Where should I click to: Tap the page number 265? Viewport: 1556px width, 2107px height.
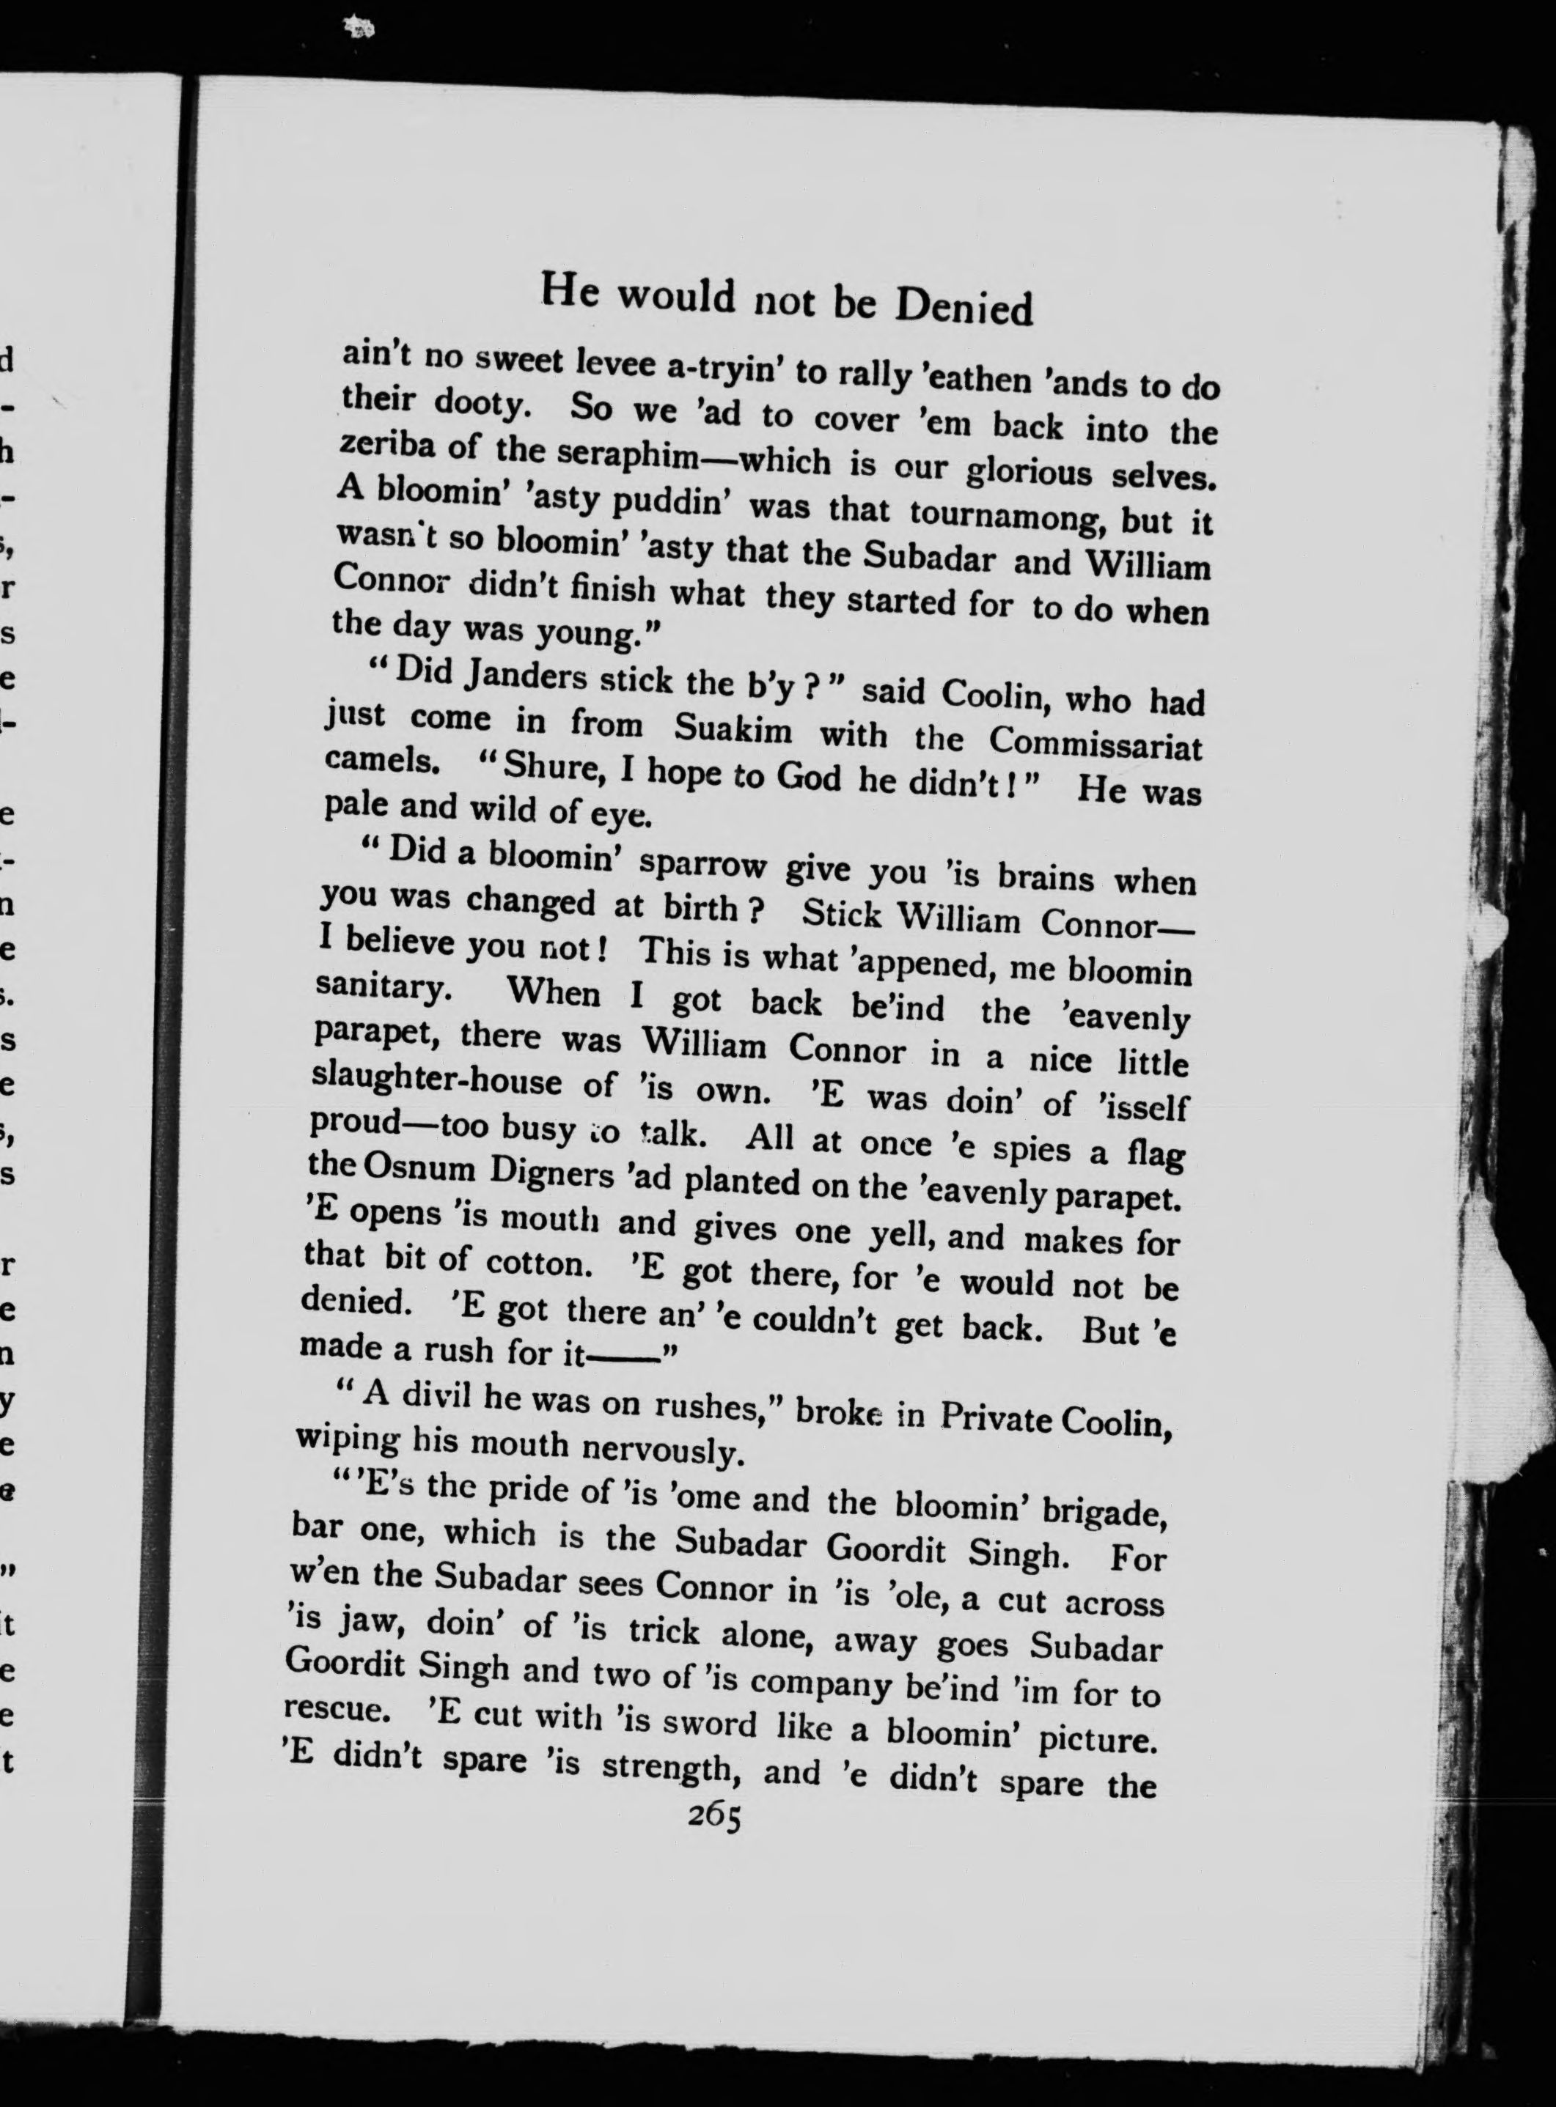714,1815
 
